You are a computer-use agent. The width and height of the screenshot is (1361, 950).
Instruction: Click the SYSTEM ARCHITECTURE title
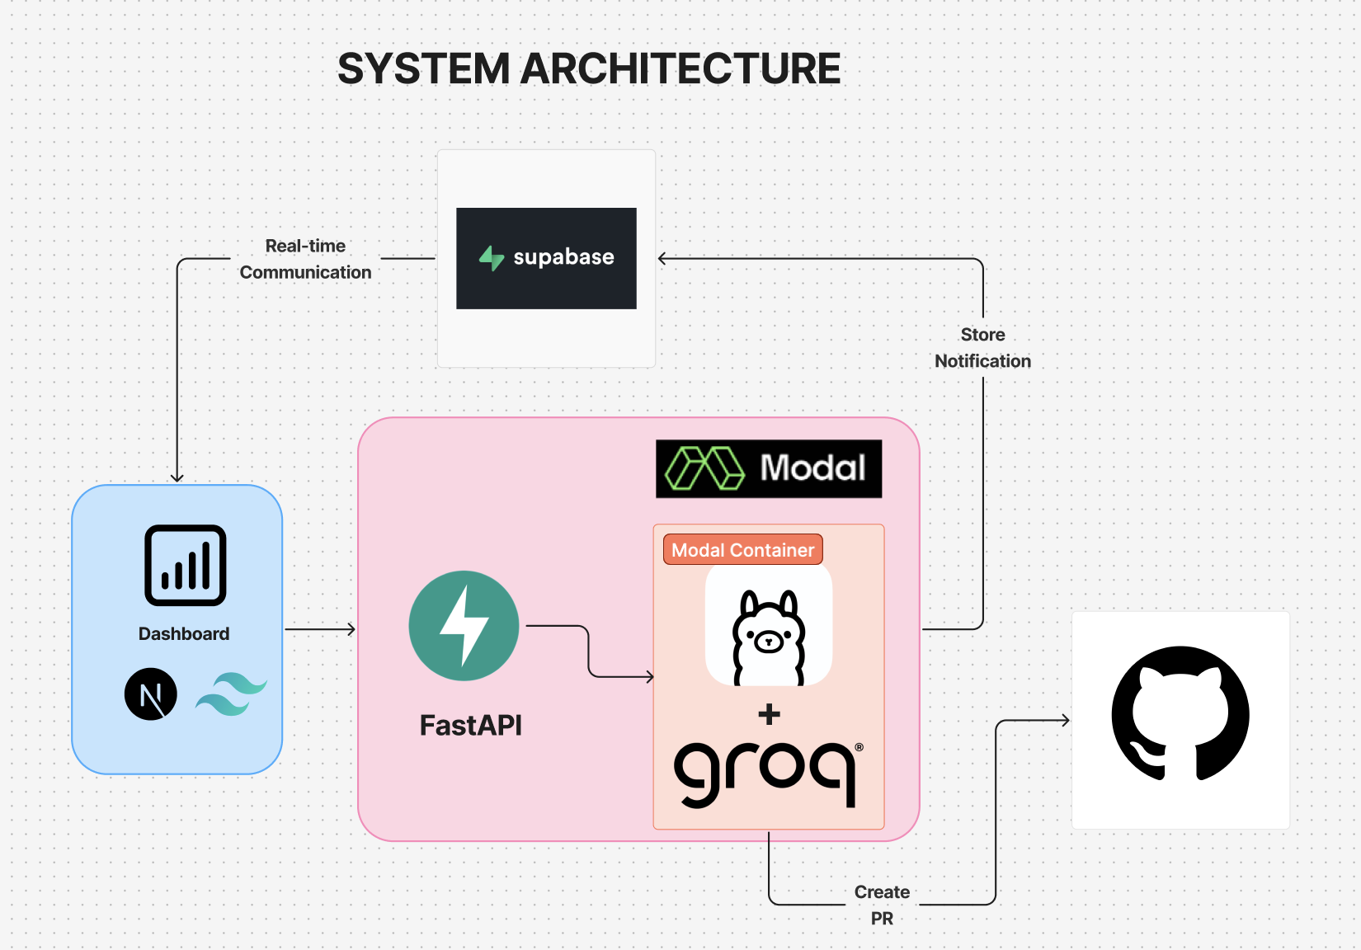(x=589, y=68)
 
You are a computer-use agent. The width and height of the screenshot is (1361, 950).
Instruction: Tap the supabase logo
(x=546, y=258)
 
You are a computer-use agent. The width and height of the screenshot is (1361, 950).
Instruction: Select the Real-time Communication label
(x=305, y=259)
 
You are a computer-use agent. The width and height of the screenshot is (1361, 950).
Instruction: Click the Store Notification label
(x=982, y=348)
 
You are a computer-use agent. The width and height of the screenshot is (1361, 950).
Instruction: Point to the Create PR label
(x=882, y=905)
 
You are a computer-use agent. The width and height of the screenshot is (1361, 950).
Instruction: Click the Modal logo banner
(x=769, y=468)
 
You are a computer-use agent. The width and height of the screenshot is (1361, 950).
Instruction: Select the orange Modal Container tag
(x=742, y=550)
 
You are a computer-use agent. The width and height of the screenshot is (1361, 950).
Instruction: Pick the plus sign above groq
(x=769, y=714)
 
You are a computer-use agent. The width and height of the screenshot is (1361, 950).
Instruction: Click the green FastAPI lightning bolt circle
(x=464, y=626)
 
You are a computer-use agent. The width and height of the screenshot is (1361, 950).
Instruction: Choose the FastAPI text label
(x=471, y=726)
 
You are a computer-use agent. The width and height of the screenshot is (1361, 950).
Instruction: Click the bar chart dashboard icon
(x=186, y=566)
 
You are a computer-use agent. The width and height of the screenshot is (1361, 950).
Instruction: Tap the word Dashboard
(x=184, y=634)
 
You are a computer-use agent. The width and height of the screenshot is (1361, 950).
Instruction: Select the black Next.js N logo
(x=151, y=694)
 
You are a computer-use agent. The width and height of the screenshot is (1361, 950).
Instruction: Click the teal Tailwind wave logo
(x=231, y=694)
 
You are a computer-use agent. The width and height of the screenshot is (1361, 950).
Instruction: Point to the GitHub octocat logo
(x=1180, y=714)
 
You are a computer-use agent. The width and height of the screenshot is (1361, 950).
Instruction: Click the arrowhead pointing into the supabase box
(x=662, y=259)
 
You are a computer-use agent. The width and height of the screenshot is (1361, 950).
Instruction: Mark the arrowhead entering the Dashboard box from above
(x=177, y=477)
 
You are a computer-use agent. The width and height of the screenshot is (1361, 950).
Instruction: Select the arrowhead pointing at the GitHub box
(x=1065, y=721)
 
